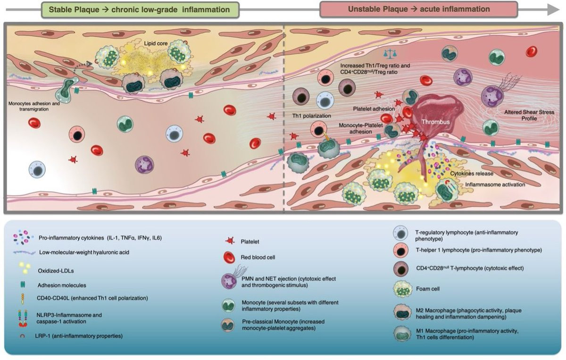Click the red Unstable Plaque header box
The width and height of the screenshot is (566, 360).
coord(418,9)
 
